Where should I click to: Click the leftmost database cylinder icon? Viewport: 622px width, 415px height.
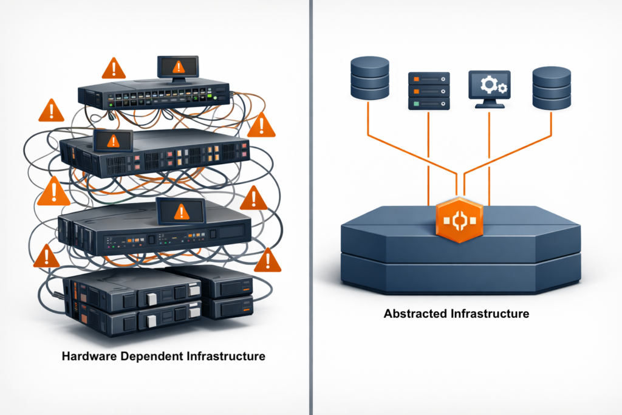(369, 78)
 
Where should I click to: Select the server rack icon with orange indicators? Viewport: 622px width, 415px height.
(429, 91)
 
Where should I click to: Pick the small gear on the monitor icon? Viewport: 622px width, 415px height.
(501, 89)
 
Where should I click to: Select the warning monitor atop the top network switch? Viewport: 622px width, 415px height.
(177, 66)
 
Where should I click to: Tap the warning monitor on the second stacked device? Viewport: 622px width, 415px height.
(112, 141)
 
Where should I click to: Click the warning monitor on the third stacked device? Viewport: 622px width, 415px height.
(180, 211)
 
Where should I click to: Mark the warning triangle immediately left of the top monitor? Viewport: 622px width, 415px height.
(113, 69)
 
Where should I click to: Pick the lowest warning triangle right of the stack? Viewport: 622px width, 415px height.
(267, 261)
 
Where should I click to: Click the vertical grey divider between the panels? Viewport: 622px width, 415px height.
(311, 207)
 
